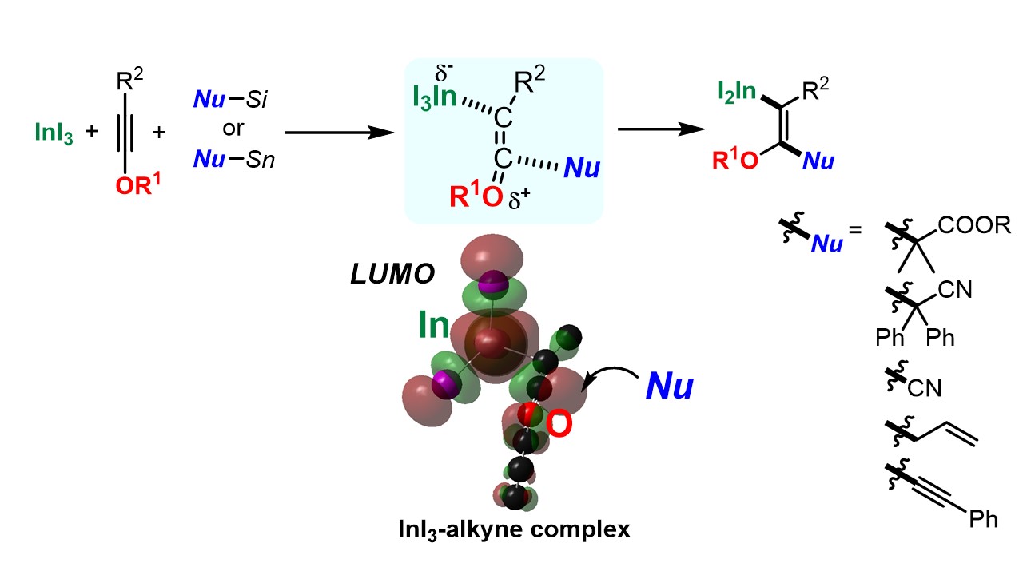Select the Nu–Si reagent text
click(x=232, y=101)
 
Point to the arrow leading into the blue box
click(x=340, y=133)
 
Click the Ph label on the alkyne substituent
click(x=983, y=520)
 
